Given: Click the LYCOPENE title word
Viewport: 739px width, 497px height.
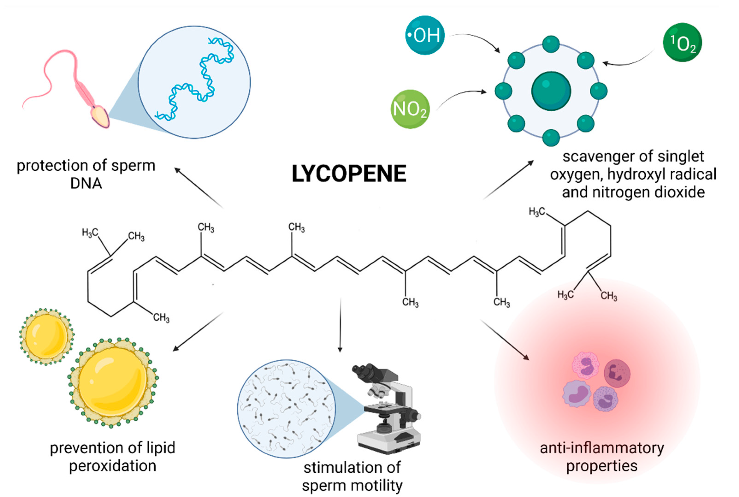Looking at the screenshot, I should point(349,174).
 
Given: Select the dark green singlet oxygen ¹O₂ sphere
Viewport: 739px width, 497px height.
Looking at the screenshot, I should point(682,42).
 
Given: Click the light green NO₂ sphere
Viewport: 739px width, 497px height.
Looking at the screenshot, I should point(410,109).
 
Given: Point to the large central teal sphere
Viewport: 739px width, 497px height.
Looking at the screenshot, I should point(551,91).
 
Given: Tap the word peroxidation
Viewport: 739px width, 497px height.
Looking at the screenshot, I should point(112,466).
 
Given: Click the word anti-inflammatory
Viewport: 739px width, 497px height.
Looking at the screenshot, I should point(602,448).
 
